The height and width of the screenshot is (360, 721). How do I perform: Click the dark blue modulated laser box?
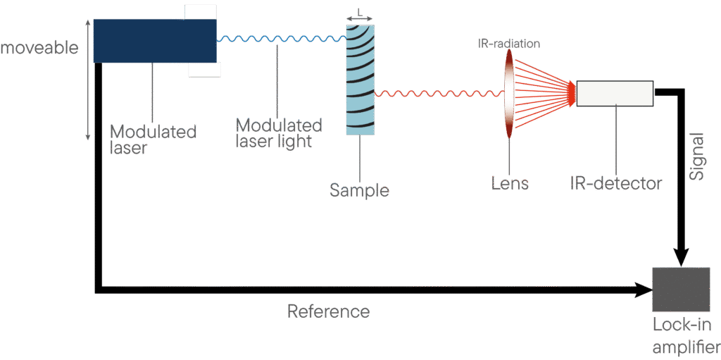pyautogui.click(x=154, y=40)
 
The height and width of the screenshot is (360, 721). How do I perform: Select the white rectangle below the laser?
pyautogui.click(x=204, y=69)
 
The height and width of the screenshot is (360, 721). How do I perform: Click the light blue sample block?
pyautogui.click(x=360, y=79)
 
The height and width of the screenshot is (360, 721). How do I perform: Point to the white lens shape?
pyautogui.click(x=508, y=92)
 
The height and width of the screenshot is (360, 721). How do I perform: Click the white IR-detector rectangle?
pyautogui.click(x=614, y=94)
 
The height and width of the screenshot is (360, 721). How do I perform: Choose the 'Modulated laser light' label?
pyautogui.click(x=279, y=132)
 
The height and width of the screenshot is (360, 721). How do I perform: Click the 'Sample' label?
pyautogui.click(x=360, y=190)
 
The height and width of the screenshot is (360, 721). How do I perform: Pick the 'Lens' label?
pyautogui.click(x=510, y=185)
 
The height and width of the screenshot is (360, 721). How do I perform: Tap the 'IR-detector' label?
pyautogui.click(x=616, y=184)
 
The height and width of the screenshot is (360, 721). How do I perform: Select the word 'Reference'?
pyautogui.click(x=328, y=311)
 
